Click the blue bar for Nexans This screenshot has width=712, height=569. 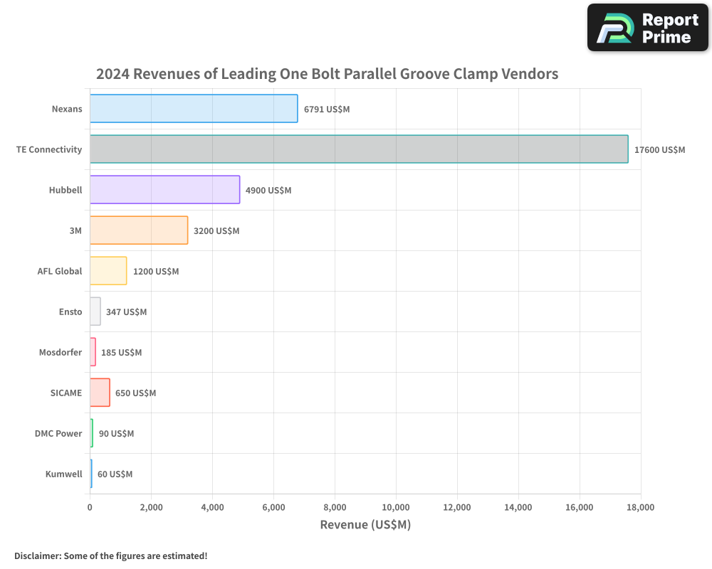click(x=194, y=109)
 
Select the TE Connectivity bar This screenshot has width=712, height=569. click(x=359, y=149)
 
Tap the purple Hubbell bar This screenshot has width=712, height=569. click(x=164, y=190)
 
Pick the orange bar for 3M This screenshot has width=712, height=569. click(x=139, y=230)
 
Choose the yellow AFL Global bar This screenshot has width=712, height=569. click(x=108, y=271)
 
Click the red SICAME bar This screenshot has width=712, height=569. click(x=100, y=393)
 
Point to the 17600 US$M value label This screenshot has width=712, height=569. click(x=659, y=150)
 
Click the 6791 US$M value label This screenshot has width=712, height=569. click(x=327, y=110)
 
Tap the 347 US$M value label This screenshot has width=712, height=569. click(x=126, y=312)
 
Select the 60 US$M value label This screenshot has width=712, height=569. click(x=115, y=474)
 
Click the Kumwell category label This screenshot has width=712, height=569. click(x=63, y=474)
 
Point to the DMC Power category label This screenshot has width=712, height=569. click(x=58, y=434)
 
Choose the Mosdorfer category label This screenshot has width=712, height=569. click(x=61, y=353)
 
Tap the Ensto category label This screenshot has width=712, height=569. click(x=70, y=312)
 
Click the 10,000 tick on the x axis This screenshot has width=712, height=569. click(x=396, y=508)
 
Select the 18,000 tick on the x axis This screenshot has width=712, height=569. click(x=640, y=508)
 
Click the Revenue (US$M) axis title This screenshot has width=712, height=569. click(x=365, y=526)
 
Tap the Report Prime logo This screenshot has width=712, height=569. click(x=647, y=28)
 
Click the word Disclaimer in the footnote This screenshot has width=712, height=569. click(x=36, y=556)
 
